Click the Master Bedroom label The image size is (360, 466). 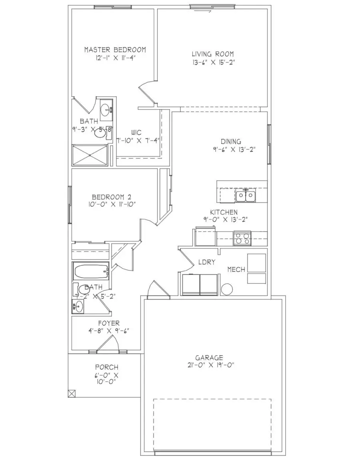115,50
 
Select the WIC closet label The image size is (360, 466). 136,132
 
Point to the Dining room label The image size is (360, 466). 231,142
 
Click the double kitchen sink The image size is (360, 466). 245,196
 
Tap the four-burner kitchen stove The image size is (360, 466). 242,238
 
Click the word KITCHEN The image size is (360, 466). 224,212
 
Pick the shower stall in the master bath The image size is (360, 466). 90,155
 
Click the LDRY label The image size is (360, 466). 207,262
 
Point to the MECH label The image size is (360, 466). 236,270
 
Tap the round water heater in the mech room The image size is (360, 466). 227,289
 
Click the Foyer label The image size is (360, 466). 108,323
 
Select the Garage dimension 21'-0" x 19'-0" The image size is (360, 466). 209,365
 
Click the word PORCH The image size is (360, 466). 106,367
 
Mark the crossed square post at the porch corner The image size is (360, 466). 72,393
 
